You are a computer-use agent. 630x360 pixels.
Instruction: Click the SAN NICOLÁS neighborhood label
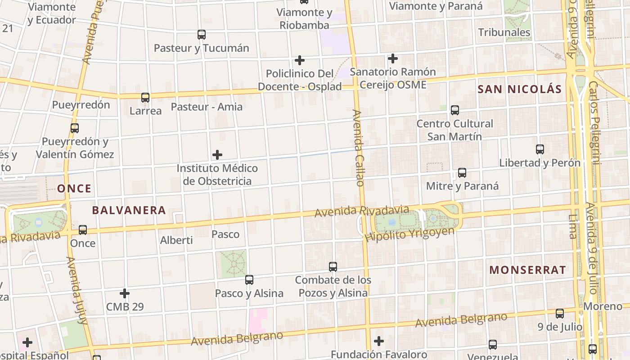520,89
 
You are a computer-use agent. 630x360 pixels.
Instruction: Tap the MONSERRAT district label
527,270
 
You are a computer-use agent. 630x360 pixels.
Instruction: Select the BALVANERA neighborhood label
129,210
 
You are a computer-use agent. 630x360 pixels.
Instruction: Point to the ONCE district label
74,189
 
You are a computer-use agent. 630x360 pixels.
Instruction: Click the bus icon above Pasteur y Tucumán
202,35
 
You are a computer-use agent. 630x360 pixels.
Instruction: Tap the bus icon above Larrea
145,97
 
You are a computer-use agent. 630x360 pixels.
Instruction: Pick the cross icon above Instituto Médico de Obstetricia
217,155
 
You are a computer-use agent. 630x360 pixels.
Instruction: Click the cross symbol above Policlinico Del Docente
300,60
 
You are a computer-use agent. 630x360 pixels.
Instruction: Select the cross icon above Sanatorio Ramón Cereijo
393,58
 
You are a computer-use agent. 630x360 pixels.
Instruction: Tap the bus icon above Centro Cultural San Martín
454,110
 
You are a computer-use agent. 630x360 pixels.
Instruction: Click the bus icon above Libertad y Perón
540,149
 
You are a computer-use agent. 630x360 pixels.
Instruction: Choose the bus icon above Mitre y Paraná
462,173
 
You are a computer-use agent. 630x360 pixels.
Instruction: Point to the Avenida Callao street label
358,148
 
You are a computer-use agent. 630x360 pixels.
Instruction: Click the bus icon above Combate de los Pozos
333,267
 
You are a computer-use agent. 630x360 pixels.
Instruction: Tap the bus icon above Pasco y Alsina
249,280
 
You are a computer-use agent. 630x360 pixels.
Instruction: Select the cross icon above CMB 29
125,294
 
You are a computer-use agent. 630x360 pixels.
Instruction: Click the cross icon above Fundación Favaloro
379,341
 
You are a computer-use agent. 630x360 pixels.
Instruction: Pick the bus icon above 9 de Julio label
560,314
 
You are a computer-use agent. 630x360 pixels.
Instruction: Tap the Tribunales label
504,32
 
